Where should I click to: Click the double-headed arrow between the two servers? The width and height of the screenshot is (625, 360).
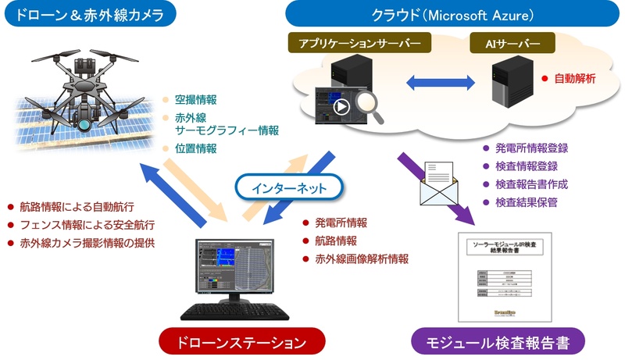442,81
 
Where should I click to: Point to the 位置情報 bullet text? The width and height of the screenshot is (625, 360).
195,148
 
